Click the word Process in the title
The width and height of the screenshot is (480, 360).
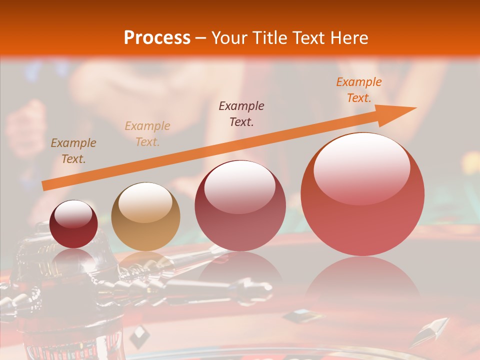(157, 38)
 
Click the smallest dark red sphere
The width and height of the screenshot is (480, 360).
(73, 224)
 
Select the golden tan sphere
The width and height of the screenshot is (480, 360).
(145, 216)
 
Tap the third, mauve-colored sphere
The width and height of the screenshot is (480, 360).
(240, 205)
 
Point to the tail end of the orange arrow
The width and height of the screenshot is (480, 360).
(43, 186)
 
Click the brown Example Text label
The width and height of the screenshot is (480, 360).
(73, 151)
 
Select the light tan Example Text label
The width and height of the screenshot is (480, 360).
(147, 134)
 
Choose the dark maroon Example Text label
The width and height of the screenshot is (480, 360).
(241, 114)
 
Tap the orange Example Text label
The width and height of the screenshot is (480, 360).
(358, 90)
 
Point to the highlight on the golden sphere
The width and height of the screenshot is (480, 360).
(145, 201)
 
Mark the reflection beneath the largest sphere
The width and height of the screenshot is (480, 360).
(362, 280)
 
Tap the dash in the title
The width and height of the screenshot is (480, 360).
(201, 38)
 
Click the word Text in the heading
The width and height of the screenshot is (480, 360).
(310, 38)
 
